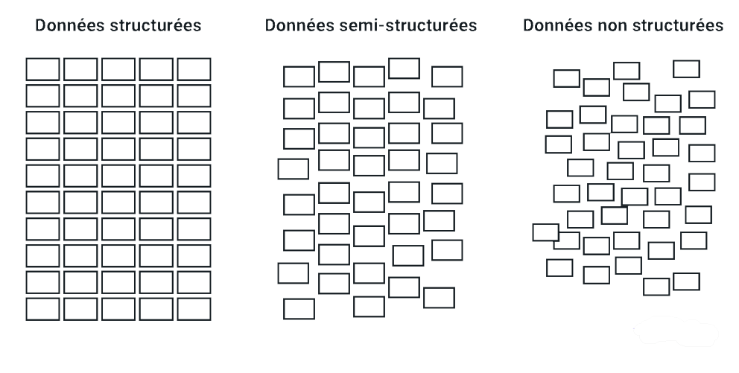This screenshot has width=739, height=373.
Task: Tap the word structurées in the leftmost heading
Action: click(x=156, y=25)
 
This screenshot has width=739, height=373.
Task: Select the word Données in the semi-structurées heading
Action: click(x=299, y=25)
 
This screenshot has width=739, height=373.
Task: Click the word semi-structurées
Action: click(x=408, y=25)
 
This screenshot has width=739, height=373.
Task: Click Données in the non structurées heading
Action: click(x=558, y=25)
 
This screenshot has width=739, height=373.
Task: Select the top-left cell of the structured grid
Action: click(x=43, y=69)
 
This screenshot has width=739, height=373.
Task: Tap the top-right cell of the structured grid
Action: click(x=194, y=69)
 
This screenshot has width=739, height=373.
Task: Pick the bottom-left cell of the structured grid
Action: click(x=43, y=309)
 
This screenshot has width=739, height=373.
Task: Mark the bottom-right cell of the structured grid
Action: click(x=194, y=309)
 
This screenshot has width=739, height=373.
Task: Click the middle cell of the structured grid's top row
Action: click(x=118, y=69)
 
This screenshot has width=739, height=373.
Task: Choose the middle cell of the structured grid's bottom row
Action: click(x=118, y=309)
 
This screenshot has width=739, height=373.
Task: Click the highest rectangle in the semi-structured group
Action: click(x=404, y=68)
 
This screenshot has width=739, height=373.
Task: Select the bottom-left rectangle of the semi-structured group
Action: click(x=299, y=309)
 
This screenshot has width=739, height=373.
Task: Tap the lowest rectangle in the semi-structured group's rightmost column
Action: click(x=439, y=298)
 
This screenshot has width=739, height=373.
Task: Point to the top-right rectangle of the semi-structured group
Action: click(x=447, y=77)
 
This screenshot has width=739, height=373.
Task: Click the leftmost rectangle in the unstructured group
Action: click(x=546, y=232)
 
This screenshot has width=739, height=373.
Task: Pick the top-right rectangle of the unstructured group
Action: click(x=686, y=68)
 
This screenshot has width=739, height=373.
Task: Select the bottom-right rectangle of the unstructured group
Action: click(x=686, y=281)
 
